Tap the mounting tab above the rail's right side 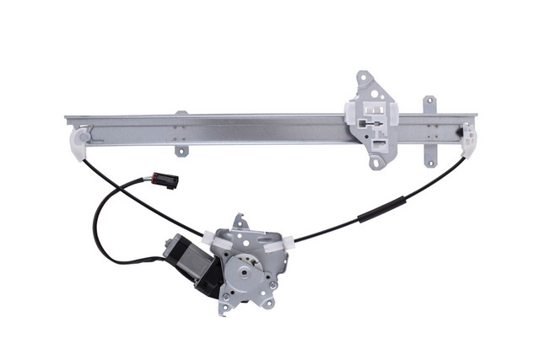tap(429, 105)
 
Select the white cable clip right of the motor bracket tap(278, 244)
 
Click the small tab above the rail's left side tap(181, 113)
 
